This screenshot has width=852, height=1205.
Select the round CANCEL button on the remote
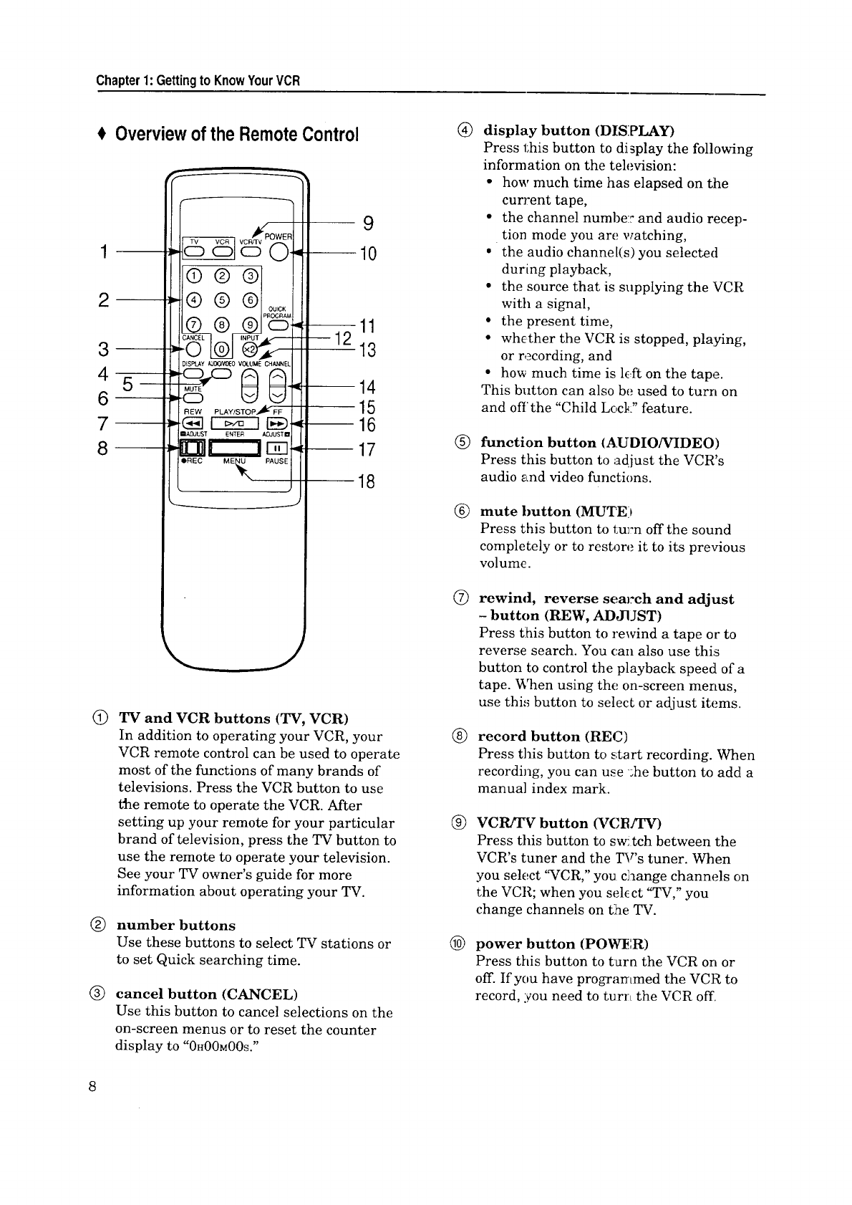tap(193, 350)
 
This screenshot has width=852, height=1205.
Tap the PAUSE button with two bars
tap(276, 449)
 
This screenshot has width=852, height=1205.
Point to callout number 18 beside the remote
tap(366, 481)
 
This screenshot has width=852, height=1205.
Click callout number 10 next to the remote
tap(367, 254)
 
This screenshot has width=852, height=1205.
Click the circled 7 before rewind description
tap(463, 599)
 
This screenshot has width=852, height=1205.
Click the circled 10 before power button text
tap(463, 944)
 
